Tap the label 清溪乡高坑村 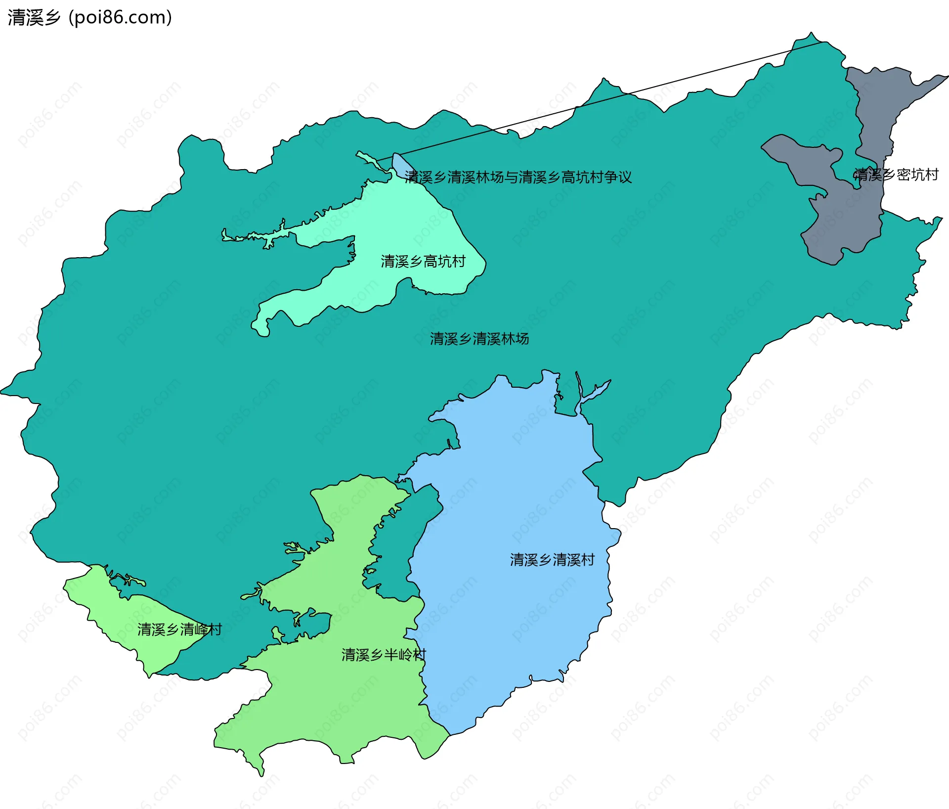click(x=423, y=261)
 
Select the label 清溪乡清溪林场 click(x=479, y=339)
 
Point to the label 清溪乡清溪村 click(x=552, y=560)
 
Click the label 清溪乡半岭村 click(x=384, y=655)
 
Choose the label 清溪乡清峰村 click(x=179, y=629)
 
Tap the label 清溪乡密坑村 click(x=896, y=175)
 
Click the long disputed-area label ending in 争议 click(x=518, y=177)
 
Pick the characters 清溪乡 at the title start click(x=34, y=17)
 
